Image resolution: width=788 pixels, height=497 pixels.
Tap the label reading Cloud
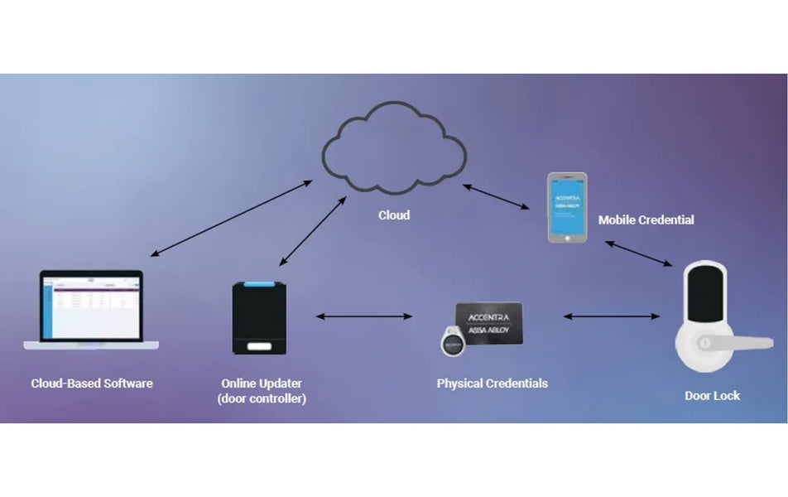tap(394, 215)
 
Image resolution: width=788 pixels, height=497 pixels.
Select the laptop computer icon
tap(92, 309)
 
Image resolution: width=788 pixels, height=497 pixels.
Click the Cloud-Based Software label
tap(92, 384)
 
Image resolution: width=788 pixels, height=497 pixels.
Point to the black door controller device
tap(262, 319)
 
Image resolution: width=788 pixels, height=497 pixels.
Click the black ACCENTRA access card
tap(489, 324)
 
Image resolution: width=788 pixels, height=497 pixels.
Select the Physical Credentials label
tap(492, 384)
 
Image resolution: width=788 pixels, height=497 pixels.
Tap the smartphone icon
tap(567, 207)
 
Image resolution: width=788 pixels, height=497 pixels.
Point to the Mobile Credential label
tap(646, 220)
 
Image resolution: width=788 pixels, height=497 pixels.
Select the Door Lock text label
tap(712, 396)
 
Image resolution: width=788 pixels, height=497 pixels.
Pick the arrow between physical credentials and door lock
tap(611, 316)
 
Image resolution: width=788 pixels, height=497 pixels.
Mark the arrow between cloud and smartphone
tap(497, 196)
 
